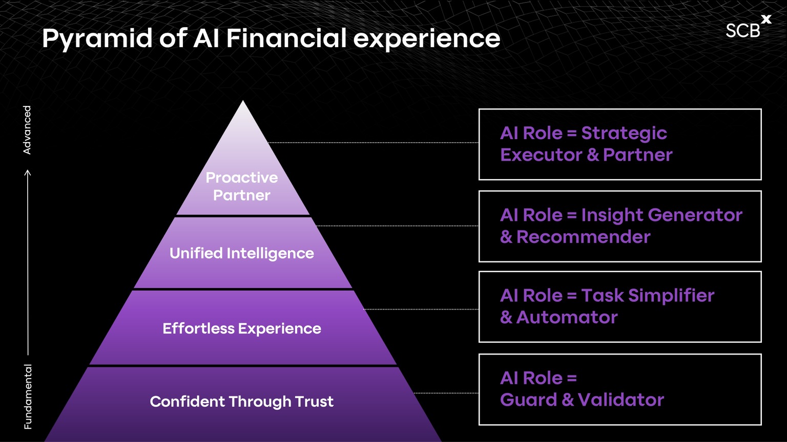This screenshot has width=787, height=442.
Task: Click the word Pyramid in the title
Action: click(x=97, y=39)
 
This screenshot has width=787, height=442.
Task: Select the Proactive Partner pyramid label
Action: click(x=242, y=186)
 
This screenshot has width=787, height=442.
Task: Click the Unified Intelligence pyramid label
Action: click(x=242, y=253)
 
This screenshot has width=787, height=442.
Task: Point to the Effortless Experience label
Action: click(x=242, y=328)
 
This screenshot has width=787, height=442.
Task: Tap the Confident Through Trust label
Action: click(x=242, y=402)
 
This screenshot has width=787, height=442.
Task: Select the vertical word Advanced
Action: click(x=27, y=130)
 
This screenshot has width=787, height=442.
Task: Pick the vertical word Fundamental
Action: click(x=28, y=396)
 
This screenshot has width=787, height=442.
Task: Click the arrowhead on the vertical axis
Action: click(x=28, y=173)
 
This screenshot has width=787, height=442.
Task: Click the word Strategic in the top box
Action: click(x=624, y=134)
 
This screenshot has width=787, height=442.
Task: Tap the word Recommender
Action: click(x=584, y=237)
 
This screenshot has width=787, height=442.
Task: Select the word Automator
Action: click(x=567, y=317)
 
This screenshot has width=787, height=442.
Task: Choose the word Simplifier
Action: click(x=671, y=296)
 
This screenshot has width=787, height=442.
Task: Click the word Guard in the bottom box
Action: click(x=528, y=400)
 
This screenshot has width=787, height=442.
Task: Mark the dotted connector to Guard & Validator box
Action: click(x=446, y=393)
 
